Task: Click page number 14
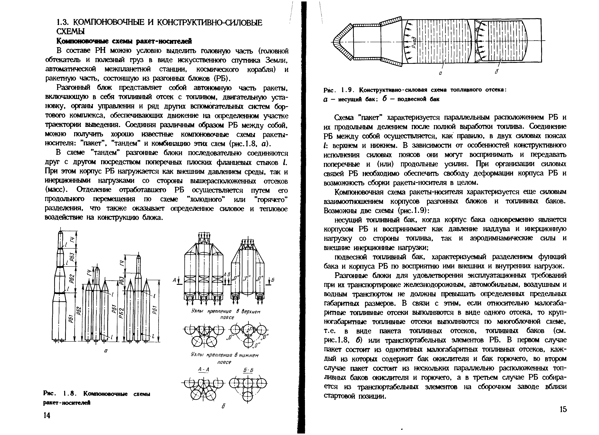(47, 415)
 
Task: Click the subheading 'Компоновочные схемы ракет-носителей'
(124, 41)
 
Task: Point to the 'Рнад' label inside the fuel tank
(414, 42)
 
